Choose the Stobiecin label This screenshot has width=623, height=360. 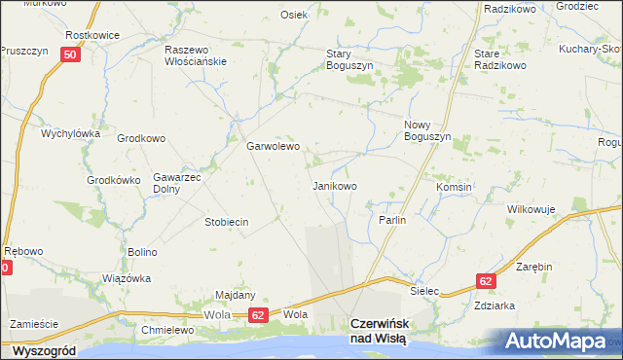tap(227, 222)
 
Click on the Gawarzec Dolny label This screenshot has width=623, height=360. tap(176, 184)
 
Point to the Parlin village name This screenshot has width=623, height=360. tap(391, 221)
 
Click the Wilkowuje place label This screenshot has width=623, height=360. tap(531, 209)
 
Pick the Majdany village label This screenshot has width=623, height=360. tap(235, 295)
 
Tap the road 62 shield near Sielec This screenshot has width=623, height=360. tap(487, 280)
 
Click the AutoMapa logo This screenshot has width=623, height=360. tap(560, 341)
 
